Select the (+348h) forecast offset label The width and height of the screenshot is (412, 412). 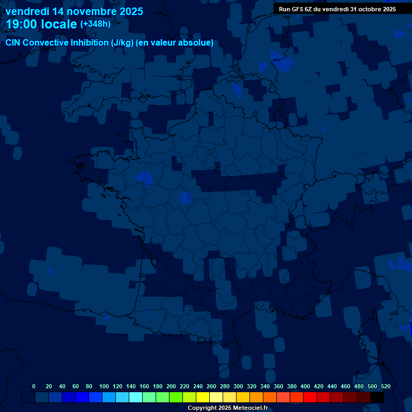[95, 24]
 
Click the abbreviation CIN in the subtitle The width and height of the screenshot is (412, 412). [13, 43]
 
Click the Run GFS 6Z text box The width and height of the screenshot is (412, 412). [337, 9]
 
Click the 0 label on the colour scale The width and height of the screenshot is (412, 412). [34, 386]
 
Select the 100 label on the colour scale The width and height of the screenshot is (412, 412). [104, 386]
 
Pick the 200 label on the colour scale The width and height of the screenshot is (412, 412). [171, 386]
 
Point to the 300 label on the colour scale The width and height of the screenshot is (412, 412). [238, 386]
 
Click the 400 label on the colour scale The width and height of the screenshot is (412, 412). [305, 386]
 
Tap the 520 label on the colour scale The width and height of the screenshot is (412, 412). [385, 386]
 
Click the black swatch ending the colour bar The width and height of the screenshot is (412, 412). [377, 398]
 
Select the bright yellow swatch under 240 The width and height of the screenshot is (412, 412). [203, 398]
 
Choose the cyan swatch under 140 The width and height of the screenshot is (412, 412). [136, 398]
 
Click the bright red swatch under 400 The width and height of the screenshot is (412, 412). [310, 398]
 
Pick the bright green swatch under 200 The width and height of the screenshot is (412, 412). [176, 398]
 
